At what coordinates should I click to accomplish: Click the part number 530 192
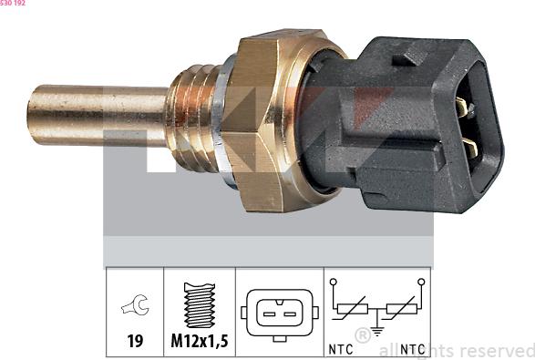13,4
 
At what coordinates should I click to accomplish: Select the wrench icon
134,308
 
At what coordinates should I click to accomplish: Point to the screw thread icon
199,305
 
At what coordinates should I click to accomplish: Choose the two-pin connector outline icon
278,313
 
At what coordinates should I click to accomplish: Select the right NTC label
412,347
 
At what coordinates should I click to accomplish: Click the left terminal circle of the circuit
334,283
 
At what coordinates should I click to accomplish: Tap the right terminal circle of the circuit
421,283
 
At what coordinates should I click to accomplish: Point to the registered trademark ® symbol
363,335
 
